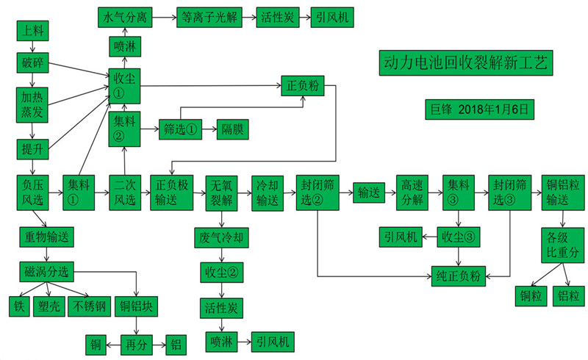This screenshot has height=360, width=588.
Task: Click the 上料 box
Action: (x=32, y=31)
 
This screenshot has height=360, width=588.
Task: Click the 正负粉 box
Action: (x=302, y=84)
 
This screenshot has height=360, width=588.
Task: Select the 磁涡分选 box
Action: (x=47, y=273)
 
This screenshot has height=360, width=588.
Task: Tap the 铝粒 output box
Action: (x=568, y=296)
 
